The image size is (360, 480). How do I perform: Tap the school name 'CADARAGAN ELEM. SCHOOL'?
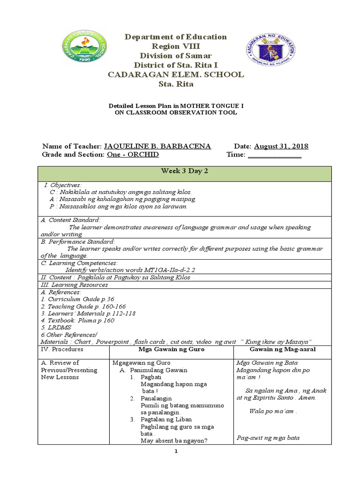pos(175,75)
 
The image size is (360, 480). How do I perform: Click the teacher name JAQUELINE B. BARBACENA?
pos(157,146)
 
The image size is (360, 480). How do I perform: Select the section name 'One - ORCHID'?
pos(133,155)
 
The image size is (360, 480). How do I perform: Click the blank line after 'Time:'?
pos(274,155)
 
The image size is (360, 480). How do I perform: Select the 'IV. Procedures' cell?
pos(62,349)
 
